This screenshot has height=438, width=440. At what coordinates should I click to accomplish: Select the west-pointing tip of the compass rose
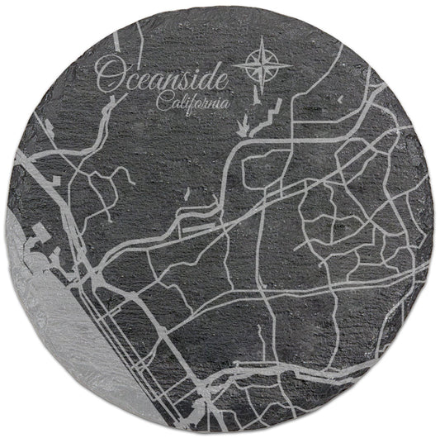click(234, 63)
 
